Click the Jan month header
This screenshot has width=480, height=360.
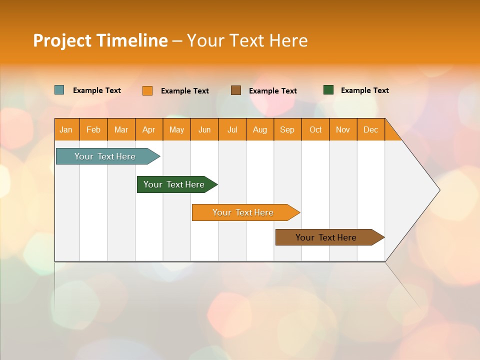(66, 129)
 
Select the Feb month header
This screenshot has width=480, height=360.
(93, 129)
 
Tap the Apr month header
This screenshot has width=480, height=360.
(149, 129)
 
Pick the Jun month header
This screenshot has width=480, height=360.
(204, 129)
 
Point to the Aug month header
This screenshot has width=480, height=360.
(260, 129)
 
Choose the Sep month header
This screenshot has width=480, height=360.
(287, 129)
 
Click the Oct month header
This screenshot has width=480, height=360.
(315, 129)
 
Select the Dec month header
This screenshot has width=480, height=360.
(371, 129)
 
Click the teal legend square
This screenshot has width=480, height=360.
(59, 90)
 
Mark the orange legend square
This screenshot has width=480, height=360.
(147, 90)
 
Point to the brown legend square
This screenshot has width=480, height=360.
(236, 90)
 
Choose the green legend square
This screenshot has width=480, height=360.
(328, 90)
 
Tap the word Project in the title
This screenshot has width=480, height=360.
(62, 40)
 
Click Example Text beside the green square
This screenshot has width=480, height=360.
(364, 90)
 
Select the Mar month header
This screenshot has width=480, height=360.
(121, 129)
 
